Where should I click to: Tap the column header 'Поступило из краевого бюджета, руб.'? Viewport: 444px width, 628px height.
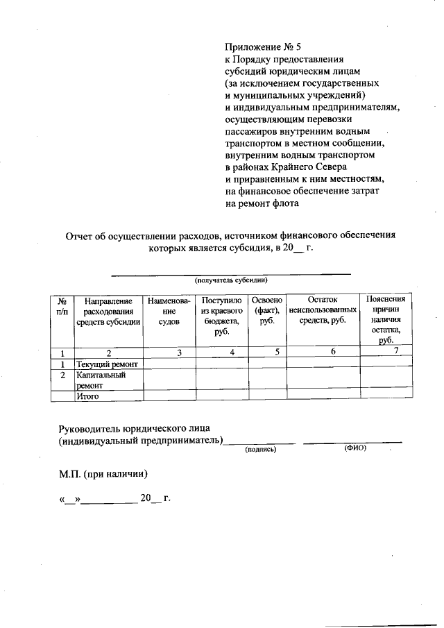click(222, 316)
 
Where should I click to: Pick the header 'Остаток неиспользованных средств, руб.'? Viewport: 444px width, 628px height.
click(323, 310)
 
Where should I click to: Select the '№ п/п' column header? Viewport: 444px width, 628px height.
click(62, 307)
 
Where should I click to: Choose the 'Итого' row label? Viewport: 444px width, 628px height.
click(89, 397)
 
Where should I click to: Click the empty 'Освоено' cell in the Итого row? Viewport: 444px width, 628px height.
click(268, 396)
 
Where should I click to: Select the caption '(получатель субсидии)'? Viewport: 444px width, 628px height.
click(231, 280)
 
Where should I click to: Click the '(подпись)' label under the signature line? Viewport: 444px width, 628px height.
click(261, 450)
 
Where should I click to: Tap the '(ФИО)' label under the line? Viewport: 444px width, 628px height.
click(355, 448)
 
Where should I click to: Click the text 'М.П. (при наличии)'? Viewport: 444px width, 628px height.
click(103, 475)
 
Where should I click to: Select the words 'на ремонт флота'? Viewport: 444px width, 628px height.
click(262, 204)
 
